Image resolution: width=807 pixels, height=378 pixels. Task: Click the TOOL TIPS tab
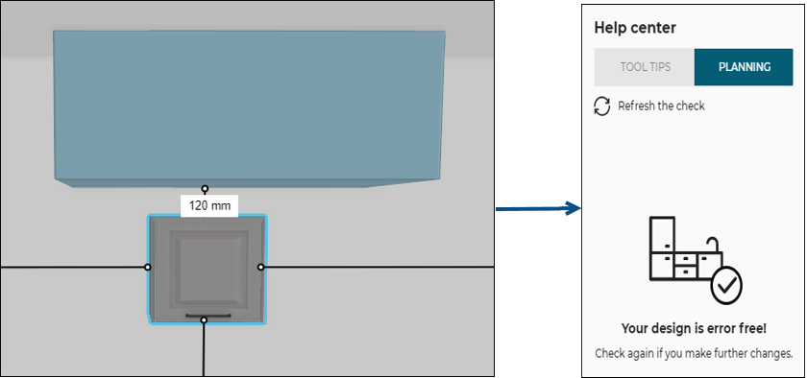[644, 67]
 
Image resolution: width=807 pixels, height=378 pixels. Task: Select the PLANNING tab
[744, 67]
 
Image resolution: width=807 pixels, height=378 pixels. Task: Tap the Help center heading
[635, 28]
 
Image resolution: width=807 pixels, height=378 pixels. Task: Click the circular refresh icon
[602, 106]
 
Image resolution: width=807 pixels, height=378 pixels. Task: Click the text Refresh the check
[661, 106]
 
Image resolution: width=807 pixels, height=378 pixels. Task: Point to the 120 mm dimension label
[208, 204]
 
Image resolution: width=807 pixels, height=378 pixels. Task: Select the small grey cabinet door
[205, 269]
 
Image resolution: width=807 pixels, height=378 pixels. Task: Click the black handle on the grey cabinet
[204, 315]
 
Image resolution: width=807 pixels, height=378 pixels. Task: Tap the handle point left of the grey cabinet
[147, 267]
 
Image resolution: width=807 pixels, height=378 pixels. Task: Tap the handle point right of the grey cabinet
[261, 267]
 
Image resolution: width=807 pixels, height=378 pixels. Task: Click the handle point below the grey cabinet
[204, 320]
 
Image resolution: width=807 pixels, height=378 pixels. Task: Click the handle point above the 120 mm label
[205, 188]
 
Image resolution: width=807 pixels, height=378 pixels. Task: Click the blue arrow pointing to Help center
[538, 208]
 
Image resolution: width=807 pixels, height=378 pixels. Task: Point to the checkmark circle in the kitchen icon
[725, 284]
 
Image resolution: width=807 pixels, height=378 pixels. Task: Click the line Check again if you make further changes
[693, 353]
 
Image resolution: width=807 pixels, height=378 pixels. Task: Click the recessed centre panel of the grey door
[205, 263]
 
